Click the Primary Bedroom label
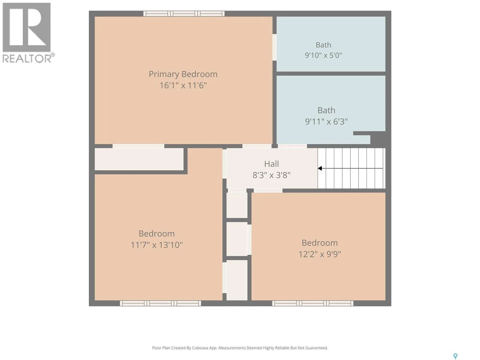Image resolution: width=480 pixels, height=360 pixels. pyautogui.click(x=183, y=74)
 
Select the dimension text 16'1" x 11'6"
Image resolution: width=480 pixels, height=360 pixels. pyautogui.click(x=183, y=85)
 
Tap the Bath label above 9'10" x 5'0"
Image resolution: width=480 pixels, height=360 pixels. pyautogui.click(x=323, y=45)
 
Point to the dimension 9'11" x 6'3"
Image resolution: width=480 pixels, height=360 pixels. pyautogui.click(x=326, y=121)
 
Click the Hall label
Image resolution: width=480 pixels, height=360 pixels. pyautogui.click(x=271, y=164)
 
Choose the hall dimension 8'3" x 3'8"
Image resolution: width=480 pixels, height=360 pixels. pyautogui.click(x=271, y=175)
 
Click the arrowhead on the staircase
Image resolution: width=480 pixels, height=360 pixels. pyautogui.click(x=320, y=168)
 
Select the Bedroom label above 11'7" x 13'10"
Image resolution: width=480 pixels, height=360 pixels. pyautogui.click(x=157, y=234)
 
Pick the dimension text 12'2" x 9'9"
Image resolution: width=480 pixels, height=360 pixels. pyautogui.click(x=319, y=254)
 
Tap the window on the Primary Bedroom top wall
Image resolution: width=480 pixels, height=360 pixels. pyautogui.click(x=184, y=13)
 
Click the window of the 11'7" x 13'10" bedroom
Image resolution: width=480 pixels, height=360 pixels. pyautogui.click(x=160, y=303)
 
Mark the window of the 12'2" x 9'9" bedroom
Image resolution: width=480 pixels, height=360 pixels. pyautogui.click(x=313, y=303)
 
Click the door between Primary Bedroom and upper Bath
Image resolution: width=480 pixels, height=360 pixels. pyautogui.click(x=274, y=47)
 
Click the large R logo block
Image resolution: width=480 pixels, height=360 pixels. pyautogui.click(x=26, y=27)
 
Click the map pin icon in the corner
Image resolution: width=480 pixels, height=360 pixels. pyautogui.click(x=455, y=356)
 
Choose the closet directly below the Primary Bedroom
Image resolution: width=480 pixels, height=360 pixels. pyautogui.click(x=139, y=159)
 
